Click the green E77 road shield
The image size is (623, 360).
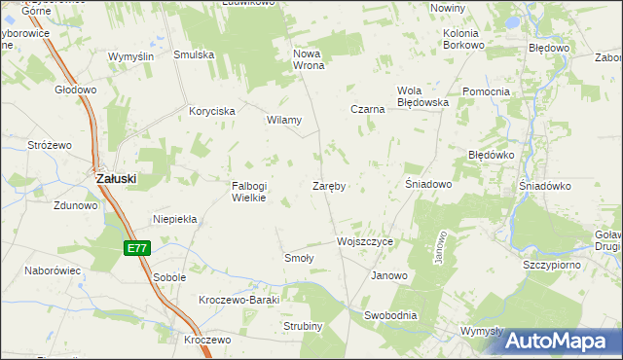click(x=137, y=249)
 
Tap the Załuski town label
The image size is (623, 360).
click(x=115, y=179)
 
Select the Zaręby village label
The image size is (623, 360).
click(x=330, y=185)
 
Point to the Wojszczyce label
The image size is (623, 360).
click(x=364, y=240)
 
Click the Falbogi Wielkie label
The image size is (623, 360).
click(x=248, y=192)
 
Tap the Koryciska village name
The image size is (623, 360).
click(x=212, y=112)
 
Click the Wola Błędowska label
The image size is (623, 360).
click(x=421, y=96)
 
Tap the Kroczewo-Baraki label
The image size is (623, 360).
click(x=238, y=300)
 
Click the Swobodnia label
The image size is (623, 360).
click(x=390, y=315)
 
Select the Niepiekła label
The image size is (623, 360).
click(x=175, y=220)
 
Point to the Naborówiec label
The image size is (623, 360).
click(x=52, y=270)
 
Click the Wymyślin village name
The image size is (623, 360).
click(x=130, y=56)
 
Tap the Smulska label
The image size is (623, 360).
click(x=194, y=55)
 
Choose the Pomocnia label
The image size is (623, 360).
click(x=486, y=91)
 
